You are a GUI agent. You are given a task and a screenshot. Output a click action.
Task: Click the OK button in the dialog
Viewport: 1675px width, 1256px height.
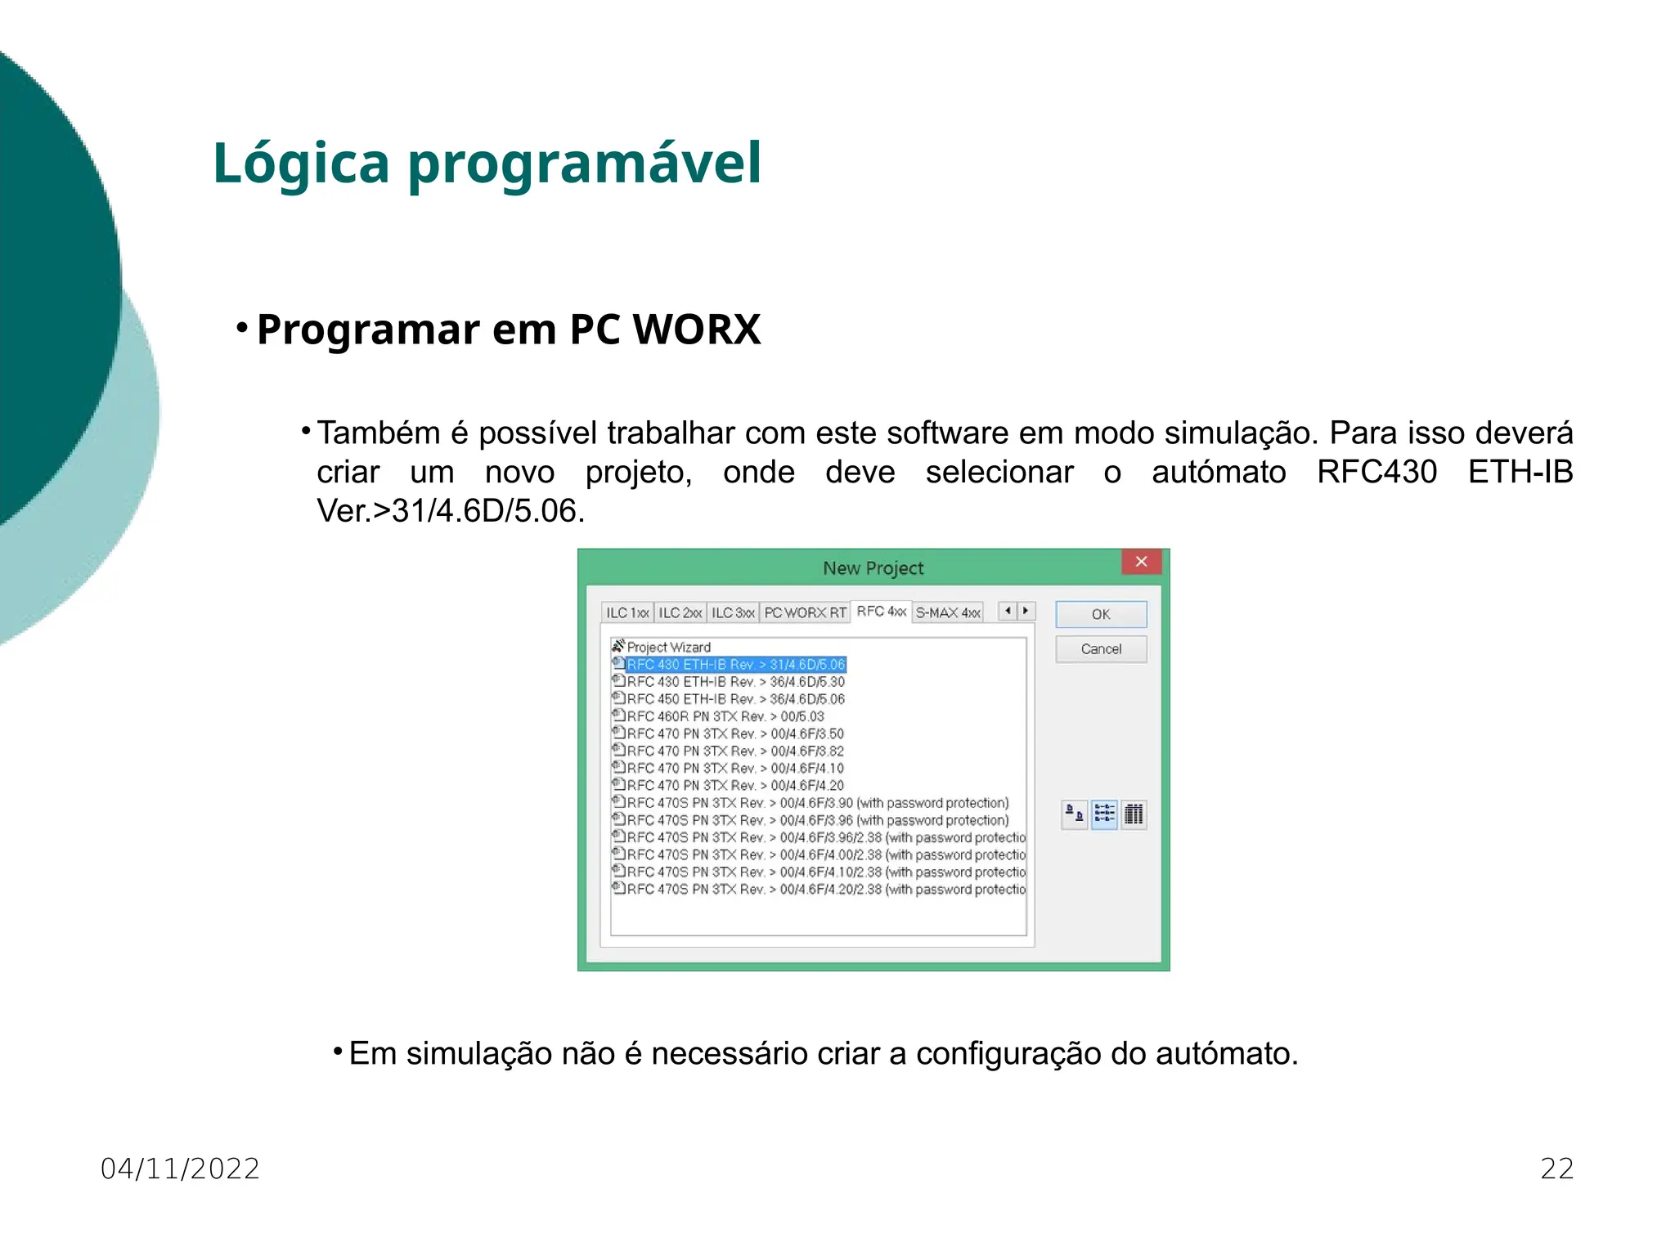1100,614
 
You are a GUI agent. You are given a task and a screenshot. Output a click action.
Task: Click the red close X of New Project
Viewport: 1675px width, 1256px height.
1141,562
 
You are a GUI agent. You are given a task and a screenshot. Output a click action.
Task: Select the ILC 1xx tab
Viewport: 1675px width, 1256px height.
627,612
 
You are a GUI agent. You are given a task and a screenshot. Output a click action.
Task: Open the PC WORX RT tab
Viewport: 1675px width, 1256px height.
805,612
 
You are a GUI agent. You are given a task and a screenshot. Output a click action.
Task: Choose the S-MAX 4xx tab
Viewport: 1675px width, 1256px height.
947,612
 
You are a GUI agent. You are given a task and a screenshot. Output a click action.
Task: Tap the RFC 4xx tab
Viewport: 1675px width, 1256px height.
881,611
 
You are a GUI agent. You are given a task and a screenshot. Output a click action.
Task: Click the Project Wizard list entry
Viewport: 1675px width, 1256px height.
668,647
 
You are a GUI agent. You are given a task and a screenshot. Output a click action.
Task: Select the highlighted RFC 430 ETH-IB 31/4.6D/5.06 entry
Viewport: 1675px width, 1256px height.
735,664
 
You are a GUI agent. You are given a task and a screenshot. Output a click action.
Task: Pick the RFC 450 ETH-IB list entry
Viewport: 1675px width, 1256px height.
735,699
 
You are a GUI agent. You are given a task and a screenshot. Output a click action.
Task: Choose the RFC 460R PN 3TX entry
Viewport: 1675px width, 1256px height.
725,716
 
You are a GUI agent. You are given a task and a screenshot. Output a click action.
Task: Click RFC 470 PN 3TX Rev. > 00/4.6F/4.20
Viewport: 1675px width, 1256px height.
734,785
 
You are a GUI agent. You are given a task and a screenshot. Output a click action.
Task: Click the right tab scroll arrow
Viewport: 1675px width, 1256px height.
1026,611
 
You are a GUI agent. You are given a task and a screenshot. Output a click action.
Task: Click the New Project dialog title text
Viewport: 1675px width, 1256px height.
873,568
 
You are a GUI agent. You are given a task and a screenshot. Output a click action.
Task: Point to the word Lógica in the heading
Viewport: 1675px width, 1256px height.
301,163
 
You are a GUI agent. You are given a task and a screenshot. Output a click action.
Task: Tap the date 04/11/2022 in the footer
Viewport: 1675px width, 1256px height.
180,1169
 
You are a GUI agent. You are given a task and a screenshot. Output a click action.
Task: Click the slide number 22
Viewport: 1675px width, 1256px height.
1556,1169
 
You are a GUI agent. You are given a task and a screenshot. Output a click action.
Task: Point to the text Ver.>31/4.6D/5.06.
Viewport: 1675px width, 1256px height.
450,511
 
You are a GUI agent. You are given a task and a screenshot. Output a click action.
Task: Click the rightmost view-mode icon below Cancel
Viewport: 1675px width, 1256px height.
1134,814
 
